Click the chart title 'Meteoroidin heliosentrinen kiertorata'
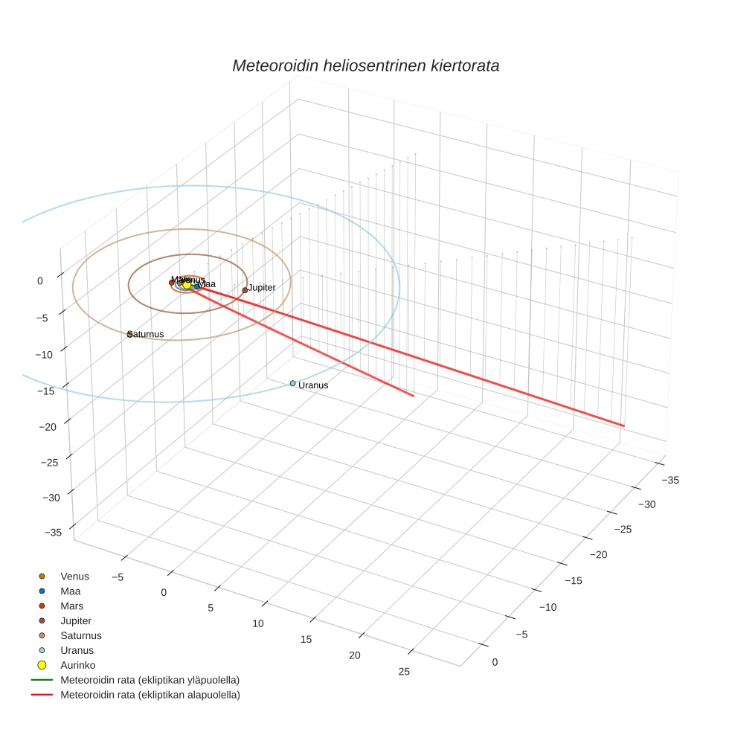[x=365, y=65]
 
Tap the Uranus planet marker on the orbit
[x=292, y=383]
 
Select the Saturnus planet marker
[x=130, y=334]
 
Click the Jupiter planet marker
[x=245, y=290]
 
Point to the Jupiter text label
[x=262, y=287]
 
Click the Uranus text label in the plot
[x=312, y=385]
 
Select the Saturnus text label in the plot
[x=147, y=334]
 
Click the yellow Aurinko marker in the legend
[x=42, y=665]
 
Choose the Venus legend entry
[x=74, y=576]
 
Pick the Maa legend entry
[x=71, y=591]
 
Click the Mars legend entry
[x=72, y=606]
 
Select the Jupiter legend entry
[x=76, y=620]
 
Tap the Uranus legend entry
[x=77, y=650]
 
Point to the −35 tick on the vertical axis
[x=52, y=532]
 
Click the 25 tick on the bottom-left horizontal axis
[x=404, y=672]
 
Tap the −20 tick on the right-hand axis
[x=600, y=555]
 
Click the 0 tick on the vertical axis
[x=40, y=280]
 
